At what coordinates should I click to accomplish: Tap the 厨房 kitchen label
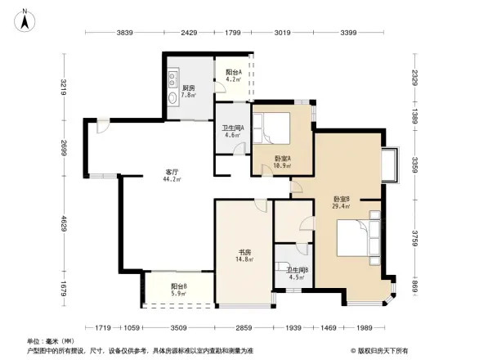187,89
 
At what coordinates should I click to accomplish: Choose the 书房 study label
244,256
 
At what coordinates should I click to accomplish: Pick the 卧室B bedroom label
342,202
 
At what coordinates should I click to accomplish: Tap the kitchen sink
174,80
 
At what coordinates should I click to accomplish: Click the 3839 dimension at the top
125,33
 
